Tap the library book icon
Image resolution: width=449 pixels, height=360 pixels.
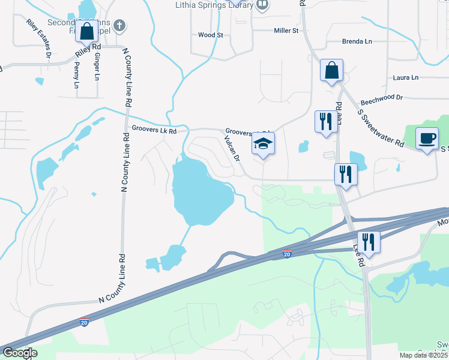point(262,5)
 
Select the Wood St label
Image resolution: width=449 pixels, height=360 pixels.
point(211,35)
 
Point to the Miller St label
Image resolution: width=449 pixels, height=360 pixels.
point(286,31)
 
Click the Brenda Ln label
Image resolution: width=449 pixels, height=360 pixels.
point(357,41)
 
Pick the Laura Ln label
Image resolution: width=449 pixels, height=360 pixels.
point(405,77)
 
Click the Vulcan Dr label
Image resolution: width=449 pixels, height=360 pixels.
point(232,149)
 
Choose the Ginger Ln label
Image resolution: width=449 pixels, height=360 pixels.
point(95,68)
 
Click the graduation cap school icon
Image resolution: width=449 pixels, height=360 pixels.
point(263,143)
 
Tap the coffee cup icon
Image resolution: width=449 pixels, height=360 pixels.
point(427,139)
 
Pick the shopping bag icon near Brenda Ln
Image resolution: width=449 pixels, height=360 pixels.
point(331,70)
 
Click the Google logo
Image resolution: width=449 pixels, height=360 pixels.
point(19,353)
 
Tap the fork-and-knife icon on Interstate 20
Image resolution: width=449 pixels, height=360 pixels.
point(367,242)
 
